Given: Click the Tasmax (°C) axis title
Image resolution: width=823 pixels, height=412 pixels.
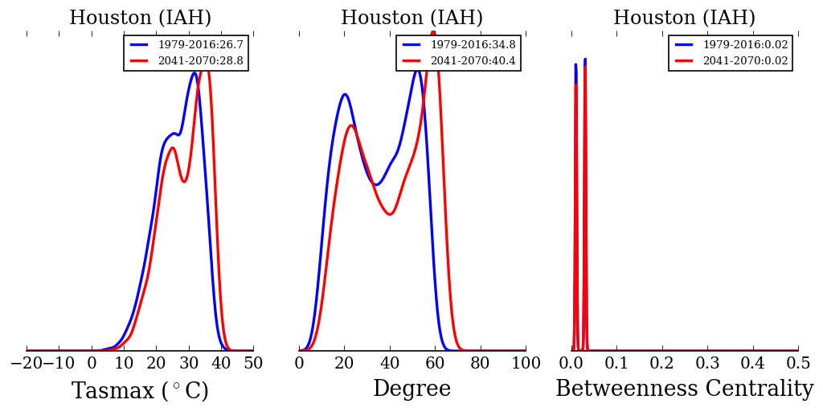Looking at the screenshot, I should click(x=140, y=391).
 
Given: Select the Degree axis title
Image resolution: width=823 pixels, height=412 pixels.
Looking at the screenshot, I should click(x=411, y=389).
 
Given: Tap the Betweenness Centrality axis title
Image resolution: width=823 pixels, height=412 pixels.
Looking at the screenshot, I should click(x=684, y=389).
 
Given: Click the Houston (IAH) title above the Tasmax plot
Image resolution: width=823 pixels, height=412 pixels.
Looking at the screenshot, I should click(x=140, y=19).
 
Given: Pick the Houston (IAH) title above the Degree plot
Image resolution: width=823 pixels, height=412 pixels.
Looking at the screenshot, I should click(x=411, y=19).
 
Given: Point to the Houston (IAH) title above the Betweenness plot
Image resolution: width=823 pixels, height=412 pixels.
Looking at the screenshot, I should click(x=684, y=19).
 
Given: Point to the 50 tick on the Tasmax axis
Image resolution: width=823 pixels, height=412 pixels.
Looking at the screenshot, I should click(x=253, y=364).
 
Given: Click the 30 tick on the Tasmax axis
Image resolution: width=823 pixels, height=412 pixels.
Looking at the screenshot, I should click(x=189, y=364).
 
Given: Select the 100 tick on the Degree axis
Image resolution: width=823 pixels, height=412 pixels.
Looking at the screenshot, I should click(x=526, y=364).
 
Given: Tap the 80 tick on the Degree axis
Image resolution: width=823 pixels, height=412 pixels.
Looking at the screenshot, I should click(x=481, y=364).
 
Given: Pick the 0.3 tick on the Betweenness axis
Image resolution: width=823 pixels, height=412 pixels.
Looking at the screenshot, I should click(x=707, y=364).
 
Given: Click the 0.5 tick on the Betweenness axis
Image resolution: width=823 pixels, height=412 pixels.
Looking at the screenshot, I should click(x=798, y=364).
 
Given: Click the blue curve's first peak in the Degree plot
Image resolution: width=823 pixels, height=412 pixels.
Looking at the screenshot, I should click(x=345, y=94).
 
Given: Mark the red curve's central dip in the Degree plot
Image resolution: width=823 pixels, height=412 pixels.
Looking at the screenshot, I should click(x=389, y=214).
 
